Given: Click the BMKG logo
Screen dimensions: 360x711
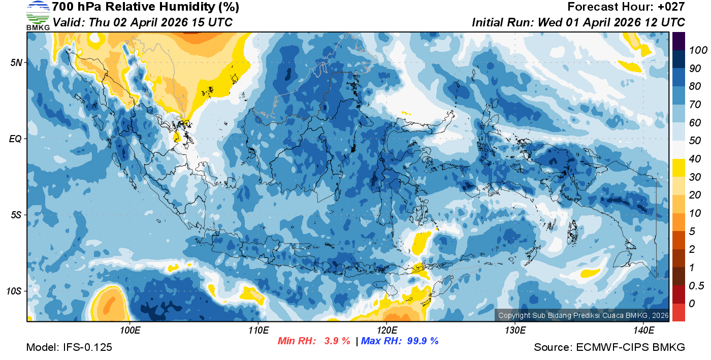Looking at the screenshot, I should (38, 15).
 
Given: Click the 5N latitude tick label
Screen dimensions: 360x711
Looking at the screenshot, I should (16, 62).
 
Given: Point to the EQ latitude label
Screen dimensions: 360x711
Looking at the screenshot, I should (15, 138).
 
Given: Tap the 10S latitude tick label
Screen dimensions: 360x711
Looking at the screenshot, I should (14, 291).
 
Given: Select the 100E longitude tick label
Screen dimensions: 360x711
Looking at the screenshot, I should (130, 331).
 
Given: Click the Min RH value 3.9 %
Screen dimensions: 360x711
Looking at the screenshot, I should (337, 341).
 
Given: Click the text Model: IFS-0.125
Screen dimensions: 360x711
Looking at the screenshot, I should (69, 348).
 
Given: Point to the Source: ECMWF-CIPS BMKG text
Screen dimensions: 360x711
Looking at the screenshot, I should (609, 348).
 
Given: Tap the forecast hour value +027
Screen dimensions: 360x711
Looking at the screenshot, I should (672, 7).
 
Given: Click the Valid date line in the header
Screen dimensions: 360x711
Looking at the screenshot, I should (143, 22).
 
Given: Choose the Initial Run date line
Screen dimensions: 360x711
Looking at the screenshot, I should (578, 22).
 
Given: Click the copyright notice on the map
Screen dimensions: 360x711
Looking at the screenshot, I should (583, 315).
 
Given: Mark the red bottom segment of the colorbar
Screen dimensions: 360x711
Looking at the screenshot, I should (678, 312).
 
